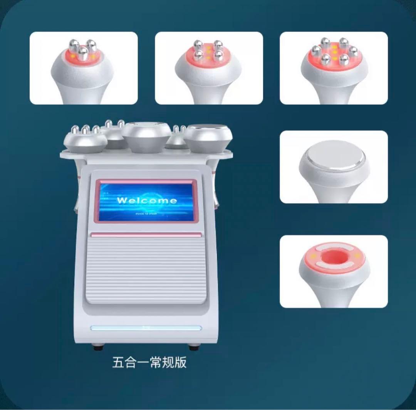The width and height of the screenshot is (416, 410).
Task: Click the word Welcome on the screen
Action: pyautogui.click(x=147, y=200)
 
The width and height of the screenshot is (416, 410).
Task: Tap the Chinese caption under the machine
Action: pyautogui.click(x=149, y=363)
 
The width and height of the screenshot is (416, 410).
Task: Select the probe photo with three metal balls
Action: pyautogui.click(x=83, y=68)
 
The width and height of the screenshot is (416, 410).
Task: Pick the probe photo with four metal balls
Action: pyautogui.click(x=208, y=68)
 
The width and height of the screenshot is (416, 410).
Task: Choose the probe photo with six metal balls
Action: pyautogui.click(x=334, y=68)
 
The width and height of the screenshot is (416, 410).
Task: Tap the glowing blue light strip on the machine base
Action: pyautogui.click(x=146, y=328)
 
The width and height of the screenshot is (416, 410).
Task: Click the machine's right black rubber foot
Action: pyautogui.click(x=194, y=347)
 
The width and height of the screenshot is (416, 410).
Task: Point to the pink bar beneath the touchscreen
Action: pyautogui.click(x=146, y=235)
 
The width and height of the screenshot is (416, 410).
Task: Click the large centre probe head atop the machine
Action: pyautogui.click(x=146, y=136)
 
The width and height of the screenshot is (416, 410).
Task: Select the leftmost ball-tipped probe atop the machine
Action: pyautogui.click(x=85, y=140)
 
